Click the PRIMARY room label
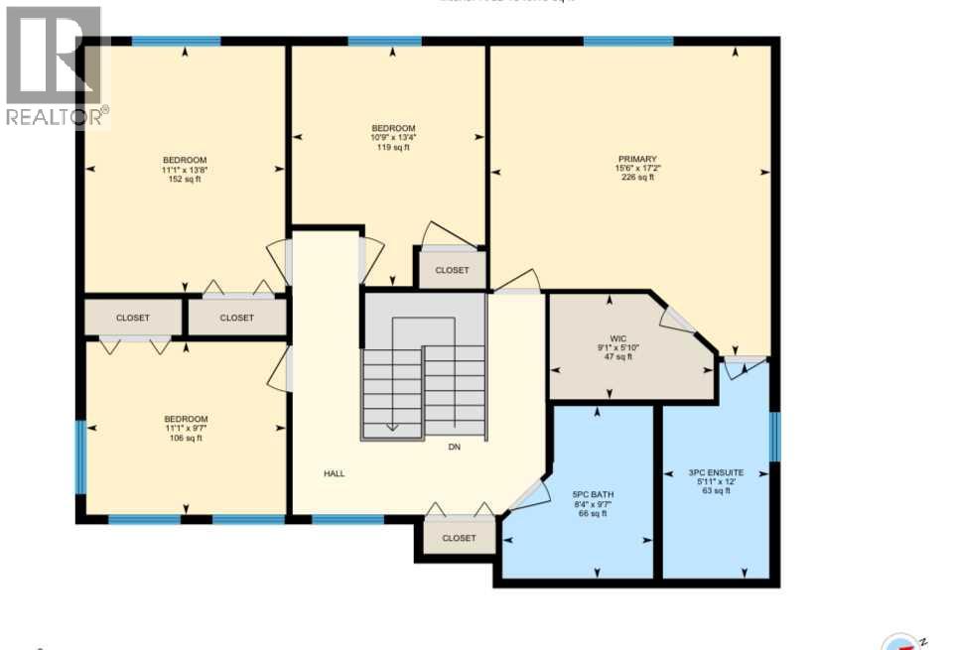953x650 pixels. tap(637, 159)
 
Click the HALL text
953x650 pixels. tap(335, 473)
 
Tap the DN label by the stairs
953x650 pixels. tap(454, 448)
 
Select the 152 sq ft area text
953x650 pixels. tap(185, 180)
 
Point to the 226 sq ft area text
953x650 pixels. tap(637, 179)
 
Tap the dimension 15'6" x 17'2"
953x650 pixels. tap(637, 169)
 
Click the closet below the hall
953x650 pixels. tap(459, 537)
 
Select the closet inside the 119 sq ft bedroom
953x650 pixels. tap(451, 270)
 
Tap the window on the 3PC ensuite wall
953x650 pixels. tap(775, 437)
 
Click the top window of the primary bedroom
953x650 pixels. tap(627, 41)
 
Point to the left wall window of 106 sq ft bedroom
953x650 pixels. tap(81, 456)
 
